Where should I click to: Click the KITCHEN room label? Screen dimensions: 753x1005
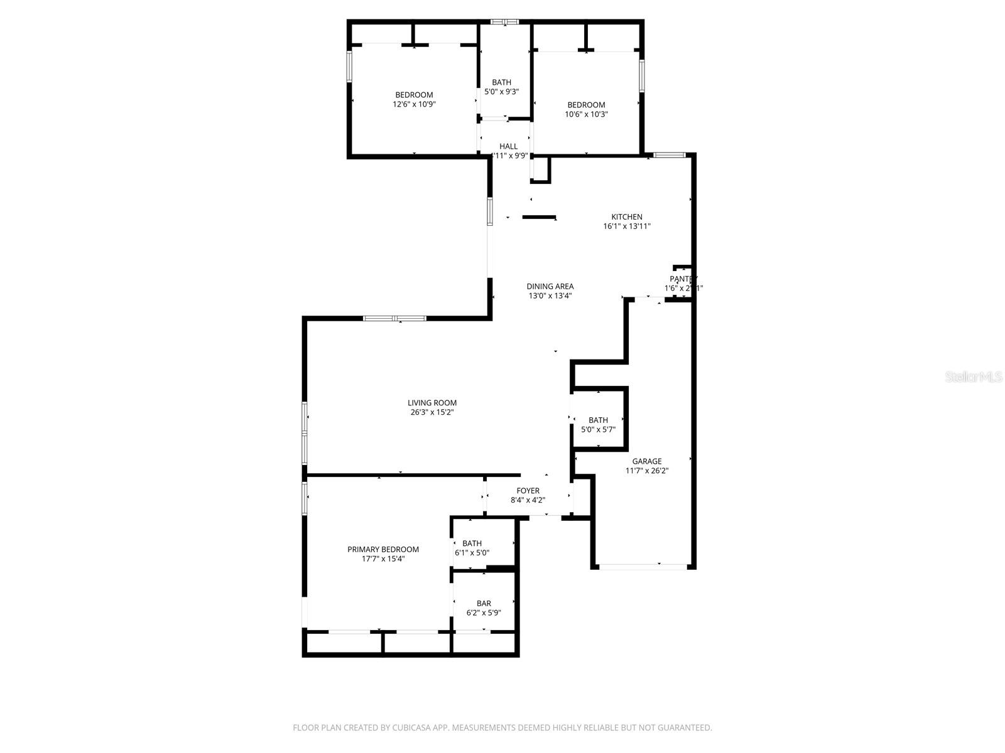[626, 217]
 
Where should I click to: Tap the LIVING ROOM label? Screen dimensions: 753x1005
[432, 403]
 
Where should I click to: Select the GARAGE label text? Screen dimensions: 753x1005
[646, 461]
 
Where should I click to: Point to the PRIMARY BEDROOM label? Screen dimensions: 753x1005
[383, 549]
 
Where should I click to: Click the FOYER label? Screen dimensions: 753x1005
[528, 491]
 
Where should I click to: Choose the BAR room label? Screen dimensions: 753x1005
[483, 604]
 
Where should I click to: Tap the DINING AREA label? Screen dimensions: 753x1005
[550, 286]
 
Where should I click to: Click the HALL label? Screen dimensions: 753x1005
[508, 146]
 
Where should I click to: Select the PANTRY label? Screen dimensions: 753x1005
[683, 279]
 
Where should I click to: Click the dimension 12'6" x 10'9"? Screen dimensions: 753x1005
[414, 105]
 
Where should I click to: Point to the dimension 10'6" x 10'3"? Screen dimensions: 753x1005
[586, 114]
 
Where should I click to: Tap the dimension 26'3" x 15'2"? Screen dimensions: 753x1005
[432, 413]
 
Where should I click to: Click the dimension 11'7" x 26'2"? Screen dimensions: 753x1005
[646, 471]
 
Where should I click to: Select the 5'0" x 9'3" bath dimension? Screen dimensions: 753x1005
[501, 92]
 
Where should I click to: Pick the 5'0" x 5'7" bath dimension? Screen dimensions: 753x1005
[598, 430]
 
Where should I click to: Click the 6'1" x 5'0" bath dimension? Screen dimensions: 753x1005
[472, 553]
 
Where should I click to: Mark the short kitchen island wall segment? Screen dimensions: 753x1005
[539, 218]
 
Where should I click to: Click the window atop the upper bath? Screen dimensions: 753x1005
[505, 22]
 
